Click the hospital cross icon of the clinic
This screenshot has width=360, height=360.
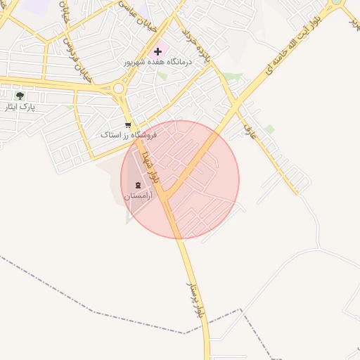(x=158, y=51)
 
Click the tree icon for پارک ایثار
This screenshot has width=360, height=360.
(x=20, y=96)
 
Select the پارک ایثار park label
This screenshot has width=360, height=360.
(x=20, y=107)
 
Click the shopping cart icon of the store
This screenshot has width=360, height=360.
(x=127, y=125)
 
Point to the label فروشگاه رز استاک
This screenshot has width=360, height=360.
(x=128, y=134)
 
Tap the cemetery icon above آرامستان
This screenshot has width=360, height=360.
(x=138, y=186)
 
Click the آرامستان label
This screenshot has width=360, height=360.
(x=138, y=197)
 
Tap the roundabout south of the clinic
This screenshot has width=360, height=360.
(x=119, y=89)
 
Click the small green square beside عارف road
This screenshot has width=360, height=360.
(x=269, y=129)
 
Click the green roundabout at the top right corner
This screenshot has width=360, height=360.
(x=337, y=2)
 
